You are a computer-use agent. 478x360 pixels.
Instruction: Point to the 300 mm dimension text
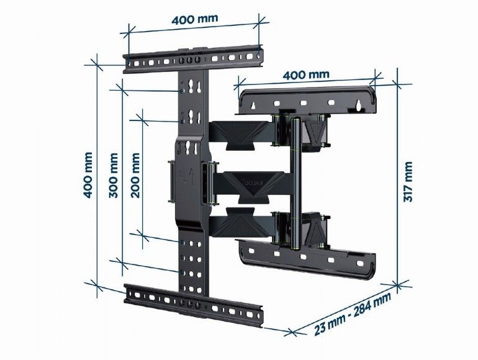click(x=114, y=175)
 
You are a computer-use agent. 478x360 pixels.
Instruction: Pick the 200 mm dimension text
click(x=136, y=175)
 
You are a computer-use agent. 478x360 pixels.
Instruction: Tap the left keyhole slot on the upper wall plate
click(x=254, y=107)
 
